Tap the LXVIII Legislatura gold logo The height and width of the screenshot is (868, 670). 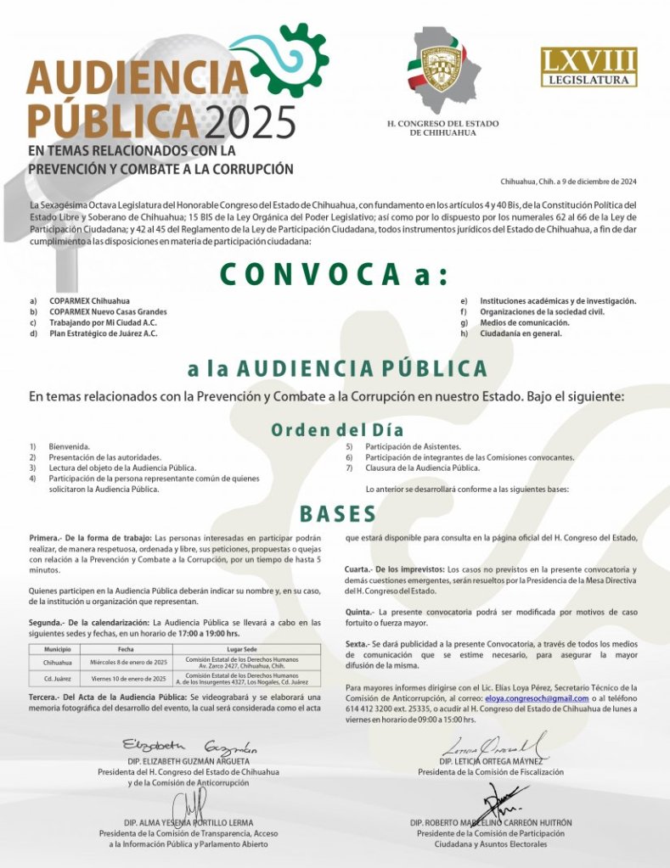click(588, 67)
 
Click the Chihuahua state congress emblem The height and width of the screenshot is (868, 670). click(442, 69)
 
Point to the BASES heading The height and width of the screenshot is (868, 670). click(337, 514)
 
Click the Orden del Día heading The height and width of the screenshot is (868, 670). click(337, 429)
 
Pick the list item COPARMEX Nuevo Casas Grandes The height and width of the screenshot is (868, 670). click(108, 311)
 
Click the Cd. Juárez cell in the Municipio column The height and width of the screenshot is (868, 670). click(57, 679)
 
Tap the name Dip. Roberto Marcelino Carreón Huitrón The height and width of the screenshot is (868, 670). click(491, 823)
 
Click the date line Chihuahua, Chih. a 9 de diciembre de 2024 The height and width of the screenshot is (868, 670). click(568, 182)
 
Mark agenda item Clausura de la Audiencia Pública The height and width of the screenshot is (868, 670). click(422, 468)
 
